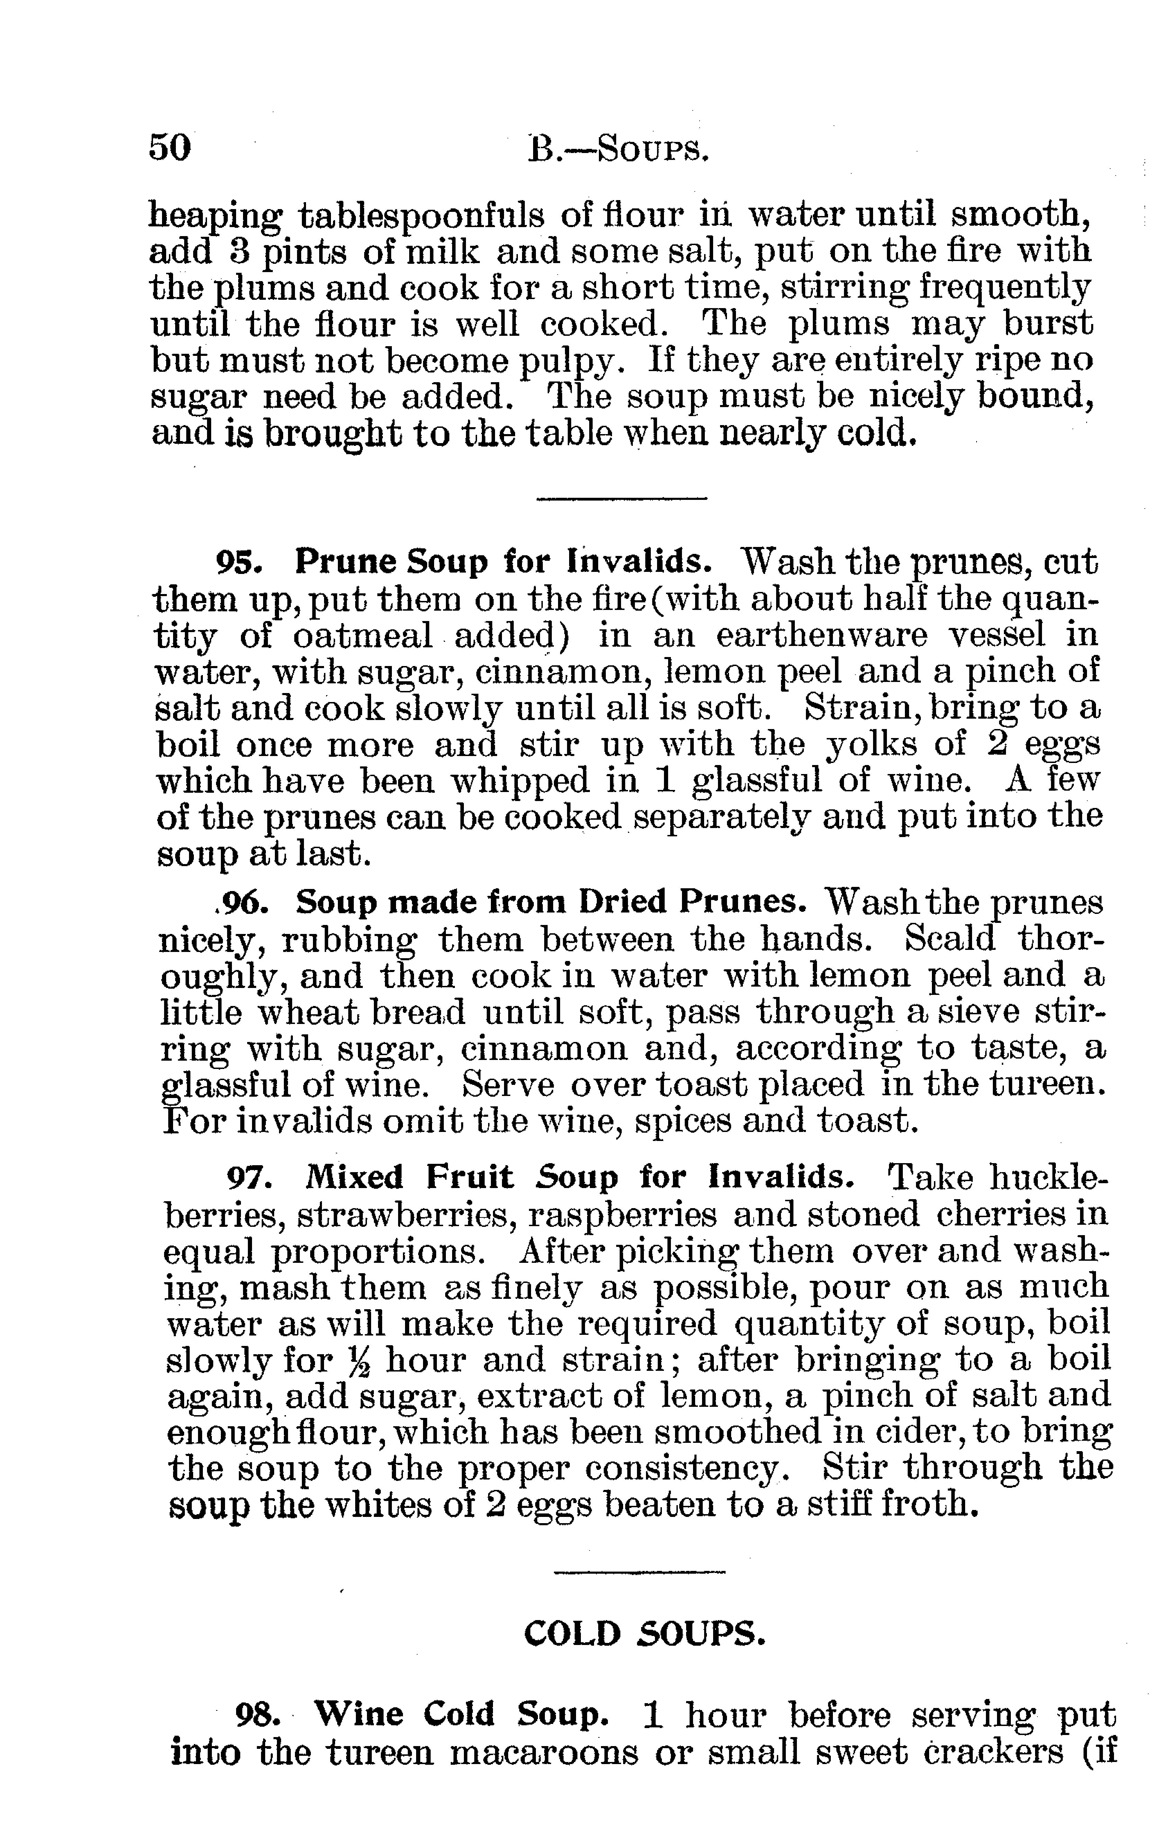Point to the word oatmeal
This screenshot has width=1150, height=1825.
click(x=362, y=635)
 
